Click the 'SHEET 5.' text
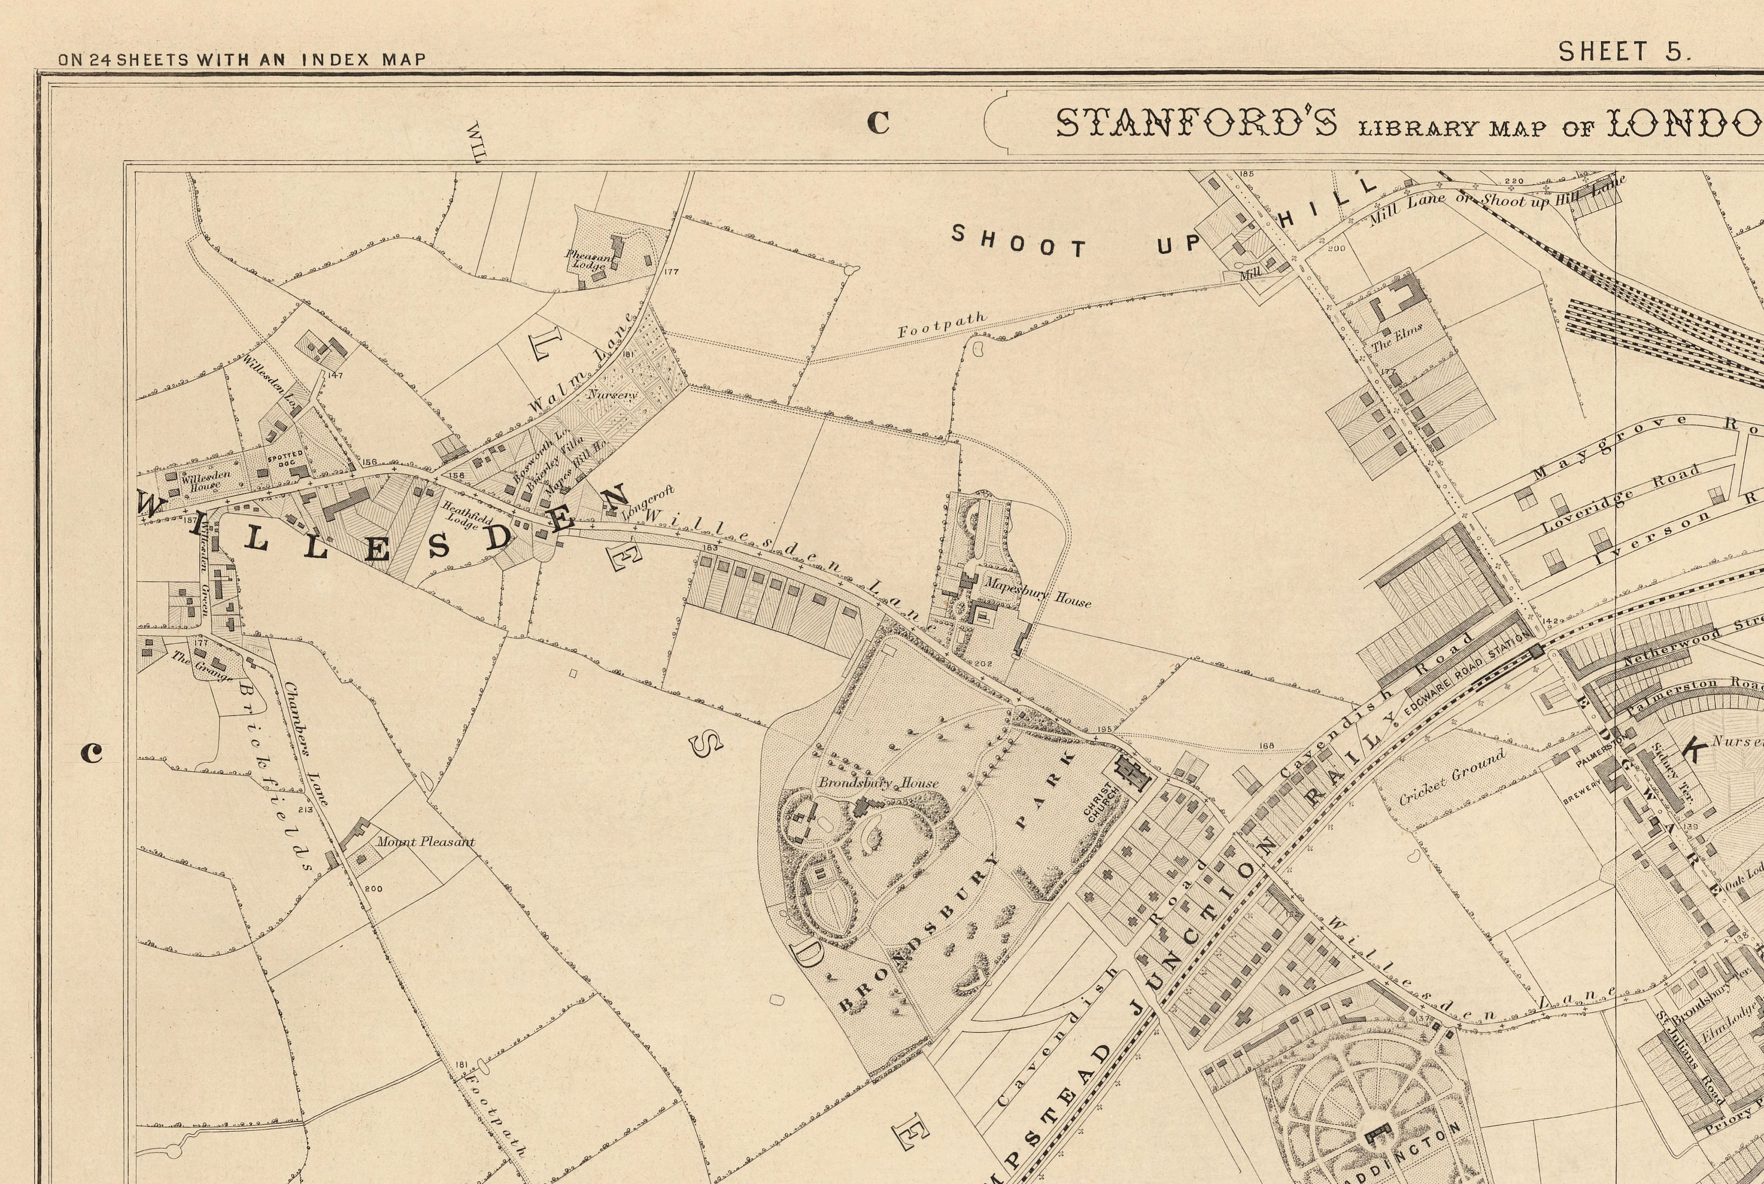click(1625, 52)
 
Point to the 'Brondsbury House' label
click(878, 783)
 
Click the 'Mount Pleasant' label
click(426, 841)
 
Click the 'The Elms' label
click(1396, 338)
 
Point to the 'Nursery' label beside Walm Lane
click(612, 394)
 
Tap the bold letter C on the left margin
click(91, 752)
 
